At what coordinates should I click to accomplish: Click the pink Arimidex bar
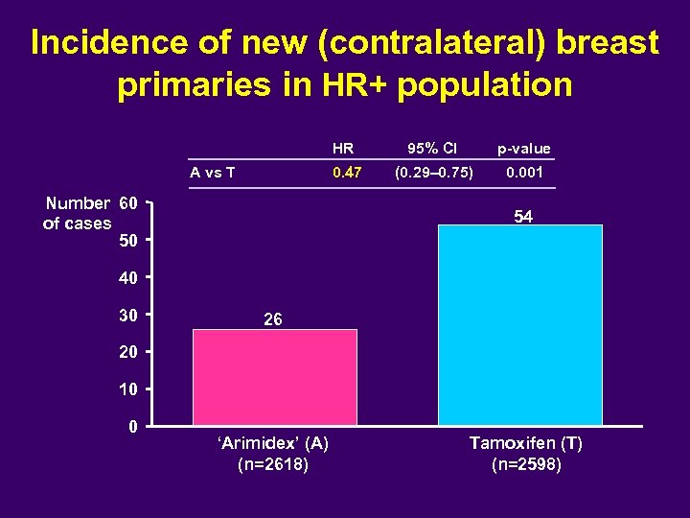(275, 377)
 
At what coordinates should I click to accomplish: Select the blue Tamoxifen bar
(520, 325)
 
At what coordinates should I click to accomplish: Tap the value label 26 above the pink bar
(273, 319)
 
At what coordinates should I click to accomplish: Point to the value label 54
(522, 218)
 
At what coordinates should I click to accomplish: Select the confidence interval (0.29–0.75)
(432, 173)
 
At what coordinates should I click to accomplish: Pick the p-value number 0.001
(523, 173)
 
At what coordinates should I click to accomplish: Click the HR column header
(343, 149)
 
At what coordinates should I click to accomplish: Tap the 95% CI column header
(432, 149)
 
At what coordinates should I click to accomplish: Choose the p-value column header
(523, 149)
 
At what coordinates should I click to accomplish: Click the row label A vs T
(214, 173)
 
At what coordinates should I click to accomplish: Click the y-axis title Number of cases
(78, 213)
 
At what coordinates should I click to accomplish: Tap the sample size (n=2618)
(273, 465)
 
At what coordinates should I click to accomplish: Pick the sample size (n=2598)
(526, 465)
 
